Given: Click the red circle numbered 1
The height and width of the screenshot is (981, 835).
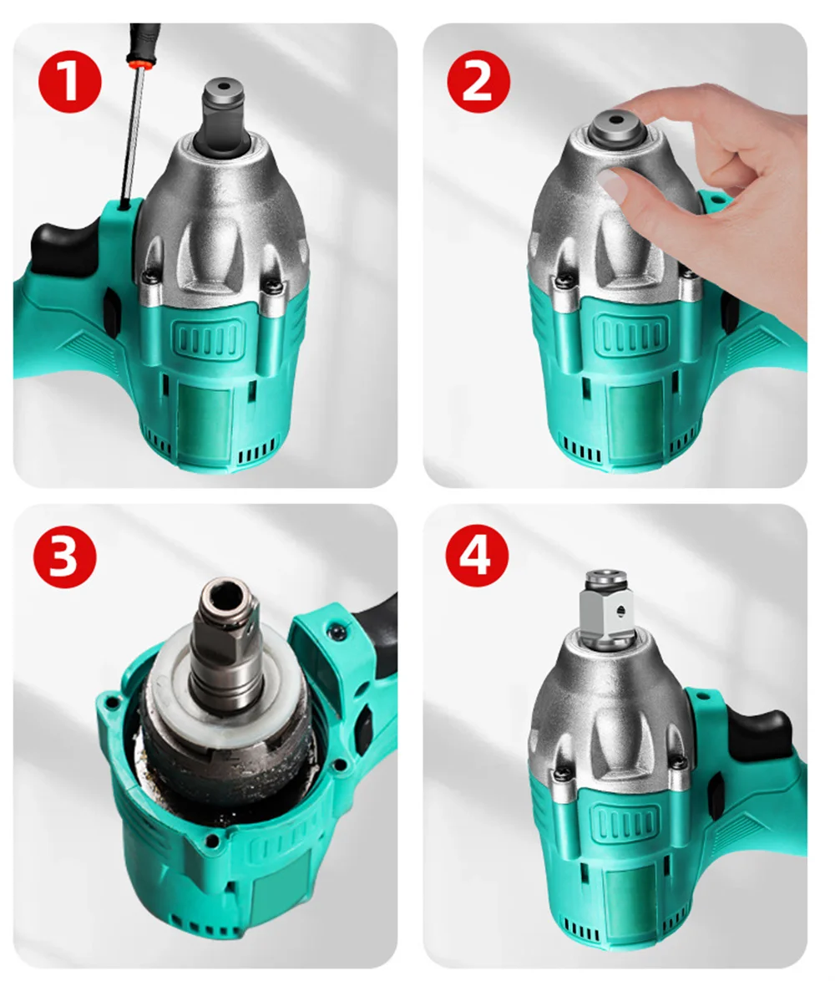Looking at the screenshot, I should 70,81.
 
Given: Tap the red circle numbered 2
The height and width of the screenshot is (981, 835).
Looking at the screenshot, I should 478,81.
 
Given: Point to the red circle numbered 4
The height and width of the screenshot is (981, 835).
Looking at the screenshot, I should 477,556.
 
